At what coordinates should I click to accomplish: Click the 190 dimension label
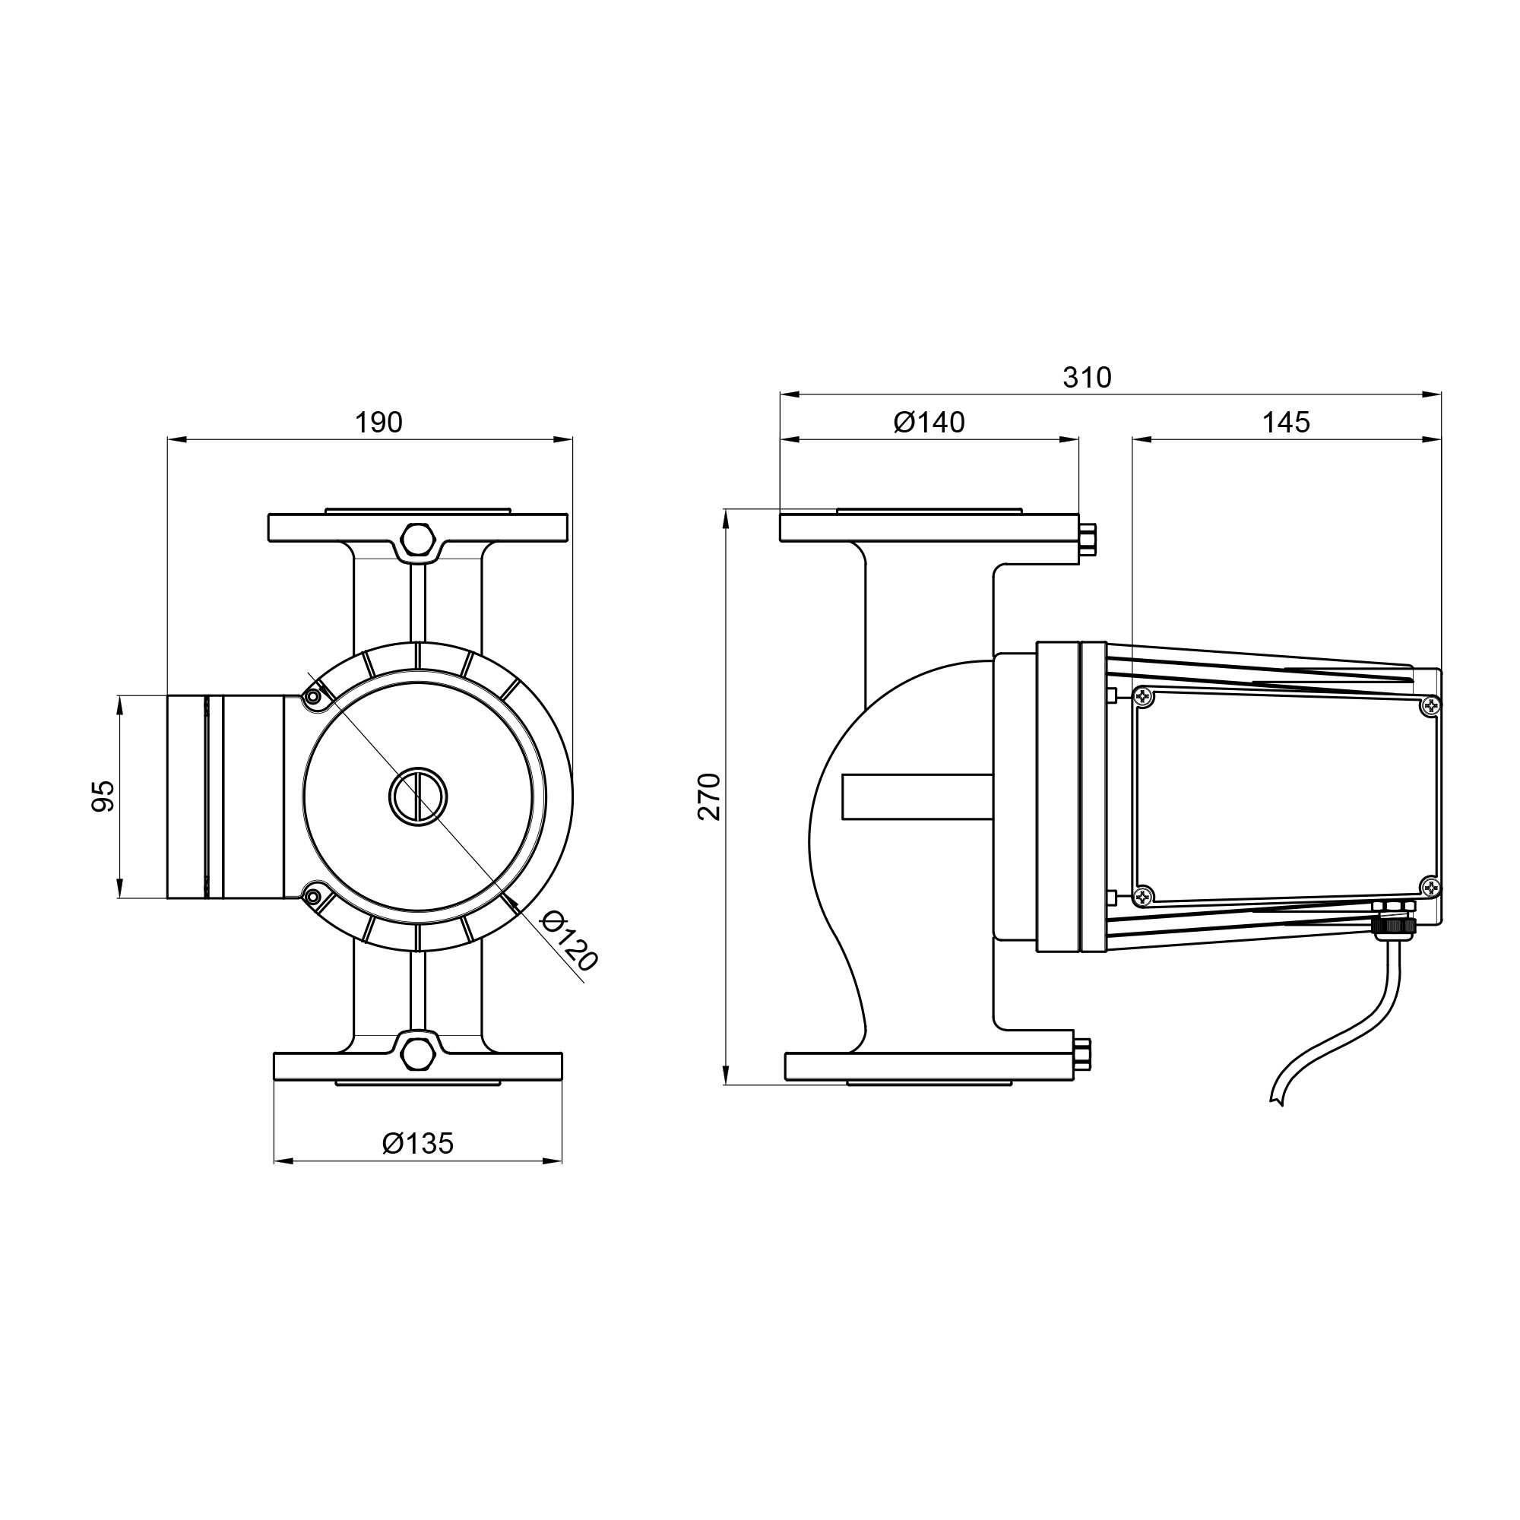pos(378,423)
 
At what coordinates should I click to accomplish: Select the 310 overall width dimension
pos(1088,378)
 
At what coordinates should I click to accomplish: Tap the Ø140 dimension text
pos(929,423)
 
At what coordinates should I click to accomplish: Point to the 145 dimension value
pos(1287,423)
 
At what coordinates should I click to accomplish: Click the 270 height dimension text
pos(710,797)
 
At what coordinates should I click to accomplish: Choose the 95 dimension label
pos(104,796)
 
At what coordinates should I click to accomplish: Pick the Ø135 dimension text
pos(419,1143)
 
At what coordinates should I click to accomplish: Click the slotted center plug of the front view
pos(419,797)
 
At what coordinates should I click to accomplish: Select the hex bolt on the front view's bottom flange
pos(418,1053)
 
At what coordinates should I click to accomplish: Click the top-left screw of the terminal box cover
pos(1143,697)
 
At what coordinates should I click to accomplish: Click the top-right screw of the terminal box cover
pos(1430,708)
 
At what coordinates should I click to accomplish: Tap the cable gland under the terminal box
pos(1395,920)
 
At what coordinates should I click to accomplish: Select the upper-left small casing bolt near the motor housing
pos(313,697)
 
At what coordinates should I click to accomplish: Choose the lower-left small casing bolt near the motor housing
pos(313,897)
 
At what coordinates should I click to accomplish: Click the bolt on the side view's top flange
pos(1089,540)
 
